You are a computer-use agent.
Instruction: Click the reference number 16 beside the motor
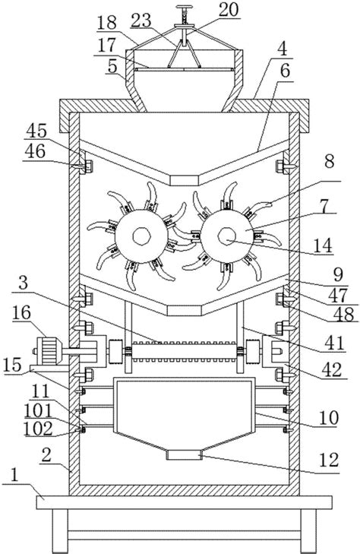(21, 313)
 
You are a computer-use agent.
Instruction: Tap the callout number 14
(323, 246)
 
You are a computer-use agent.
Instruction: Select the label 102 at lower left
(38, 429)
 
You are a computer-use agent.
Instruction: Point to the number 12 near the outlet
(329, 460)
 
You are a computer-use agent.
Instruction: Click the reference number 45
(37, 131)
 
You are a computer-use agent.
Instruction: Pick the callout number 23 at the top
(141, 21)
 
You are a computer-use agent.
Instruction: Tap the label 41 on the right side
(335, 342)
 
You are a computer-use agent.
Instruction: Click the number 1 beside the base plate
(14, 476)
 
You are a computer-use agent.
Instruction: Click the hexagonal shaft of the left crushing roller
(141, 236)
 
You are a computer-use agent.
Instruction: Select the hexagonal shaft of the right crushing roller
(226, 236)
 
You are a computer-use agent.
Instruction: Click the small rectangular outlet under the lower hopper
(184, 454)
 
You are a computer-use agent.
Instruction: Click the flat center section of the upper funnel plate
(185, 180)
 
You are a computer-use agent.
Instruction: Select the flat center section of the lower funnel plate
(185, 311)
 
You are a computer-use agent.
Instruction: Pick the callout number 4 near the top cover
(282, 49)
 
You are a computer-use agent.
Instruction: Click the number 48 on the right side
(344, 314)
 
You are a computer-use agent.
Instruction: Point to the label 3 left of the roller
(24, 283)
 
